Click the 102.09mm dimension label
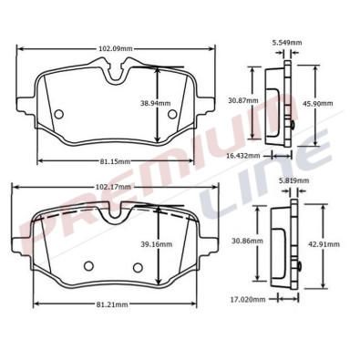point(116,48)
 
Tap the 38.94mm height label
point(155,103)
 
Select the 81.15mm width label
point(115,161)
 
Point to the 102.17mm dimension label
point(113,187)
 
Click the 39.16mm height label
point(156,244)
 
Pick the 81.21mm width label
point(112,303)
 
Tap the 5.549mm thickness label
point(287,42)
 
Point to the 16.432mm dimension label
point(243,156)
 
